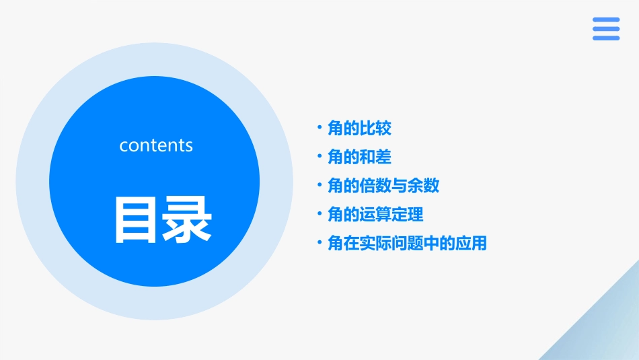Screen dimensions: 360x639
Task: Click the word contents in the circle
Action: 156,145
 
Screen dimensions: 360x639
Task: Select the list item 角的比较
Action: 359,128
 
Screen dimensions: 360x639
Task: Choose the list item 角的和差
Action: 359,157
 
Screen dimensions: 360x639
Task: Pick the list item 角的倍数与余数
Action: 383,186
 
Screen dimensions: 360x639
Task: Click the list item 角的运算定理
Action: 375,215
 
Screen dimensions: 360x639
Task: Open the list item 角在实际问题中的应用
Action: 407,244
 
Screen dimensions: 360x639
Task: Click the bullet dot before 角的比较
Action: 319,128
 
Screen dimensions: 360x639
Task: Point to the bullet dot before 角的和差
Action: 319,157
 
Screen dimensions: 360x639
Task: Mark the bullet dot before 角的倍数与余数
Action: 319,186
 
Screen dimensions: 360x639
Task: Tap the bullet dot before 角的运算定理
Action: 319,215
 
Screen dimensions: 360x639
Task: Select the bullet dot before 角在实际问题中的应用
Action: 319,244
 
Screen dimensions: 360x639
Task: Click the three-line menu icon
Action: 606,29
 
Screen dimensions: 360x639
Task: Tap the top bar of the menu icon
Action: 606,20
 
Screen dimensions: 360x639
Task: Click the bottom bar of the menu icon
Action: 606,38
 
